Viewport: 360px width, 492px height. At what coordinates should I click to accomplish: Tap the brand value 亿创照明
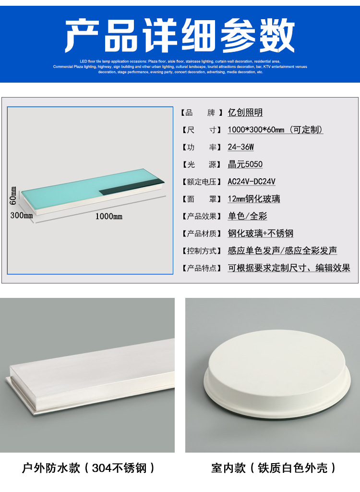[245, 112]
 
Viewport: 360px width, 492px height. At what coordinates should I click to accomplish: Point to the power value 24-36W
[240, 147]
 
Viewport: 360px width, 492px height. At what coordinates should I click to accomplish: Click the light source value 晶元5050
[245, 164]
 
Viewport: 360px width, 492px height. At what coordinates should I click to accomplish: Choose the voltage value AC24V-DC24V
[251, 182]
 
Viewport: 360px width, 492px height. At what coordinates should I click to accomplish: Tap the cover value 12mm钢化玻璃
[253, 199]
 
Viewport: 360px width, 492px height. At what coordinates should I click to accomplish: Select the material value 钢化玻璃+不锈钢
[260, 234]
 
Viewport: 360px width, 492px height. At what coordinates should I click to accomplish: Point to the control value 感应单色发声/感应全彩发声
[282, 251]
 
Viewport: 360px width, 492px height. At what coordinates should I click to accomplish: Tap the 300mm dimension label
[21, 216]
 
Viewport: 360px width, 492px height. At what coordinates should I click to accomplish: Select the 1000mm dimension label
[108, 216]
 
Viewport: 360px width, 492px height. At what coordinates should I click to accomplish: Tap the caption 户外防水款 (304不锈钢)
[88, 467]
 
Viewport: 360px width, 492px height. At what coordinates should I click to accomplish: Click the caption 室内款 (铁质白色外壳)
[273, 467]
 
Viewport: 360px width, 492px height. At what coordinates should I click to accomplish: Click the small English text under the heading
[180, 66]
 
